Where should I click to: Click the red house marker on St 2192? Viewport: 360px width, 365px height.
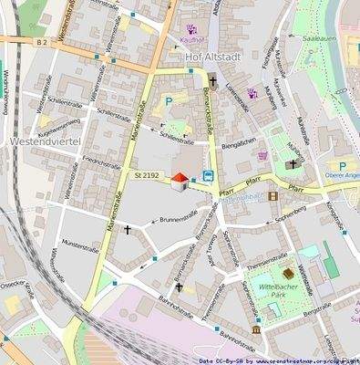point(180,181)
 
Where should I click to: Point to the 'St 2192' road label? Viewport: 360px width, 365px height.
point(147,173)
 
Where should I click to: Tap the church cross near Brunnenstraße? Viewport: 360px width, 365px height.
point(127,229)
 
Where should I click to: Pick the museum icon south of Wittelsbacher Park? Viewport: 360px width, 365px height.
point(256,328)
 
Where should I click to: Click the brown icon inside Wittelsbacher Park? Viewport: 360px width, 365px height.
point(287,273)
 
